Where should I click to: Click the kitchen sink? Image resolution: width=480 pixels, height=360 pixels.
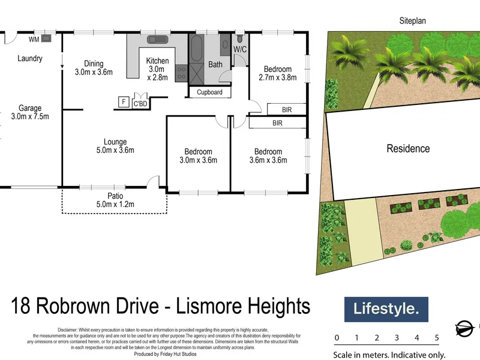157,40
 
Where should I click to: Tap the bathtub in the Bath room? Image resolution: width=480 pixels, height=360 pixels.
197,49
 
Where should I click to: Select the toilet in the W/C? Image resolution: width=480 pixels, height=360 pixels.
239,38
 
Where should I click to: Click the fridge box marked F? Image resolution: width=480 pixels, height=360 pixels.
124,101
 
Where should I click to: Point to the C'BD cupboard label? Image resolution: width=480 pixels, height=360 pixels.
140,104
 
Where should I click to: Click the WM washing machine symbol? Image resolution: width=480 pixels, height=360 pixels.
46,38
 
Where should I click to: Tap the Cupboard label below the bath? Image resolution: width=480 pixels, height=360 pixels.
209,92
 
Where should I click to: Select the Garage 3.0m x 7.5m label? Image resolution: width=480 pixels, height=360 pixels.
30,112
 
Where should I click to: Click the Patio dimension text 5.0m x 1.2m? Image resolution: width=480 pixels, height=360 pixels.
115,204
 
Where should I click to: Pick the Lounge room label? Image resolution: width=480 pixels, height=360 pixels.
115,142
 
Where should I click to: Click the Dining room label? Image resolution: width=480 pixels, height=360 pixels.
94,64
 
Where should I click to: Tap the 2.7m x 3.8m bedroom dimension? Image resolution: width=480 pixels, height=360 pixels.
278,77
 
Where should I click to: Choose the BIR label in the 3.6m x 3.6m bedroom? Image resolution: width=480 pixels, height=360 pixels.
277,123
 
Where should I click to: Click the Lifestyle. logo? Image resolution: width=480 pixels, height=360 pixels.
386,309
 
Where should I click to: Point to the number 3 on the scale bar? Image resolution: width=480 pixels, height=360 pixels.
397,338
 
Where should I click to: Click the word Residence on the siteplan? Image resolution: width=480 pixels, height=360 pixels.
408,148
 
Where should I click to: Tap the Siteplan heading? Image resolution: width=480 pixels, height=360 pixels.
412,21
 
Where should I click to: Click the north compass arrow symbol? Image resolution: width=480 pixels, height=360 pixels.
464,329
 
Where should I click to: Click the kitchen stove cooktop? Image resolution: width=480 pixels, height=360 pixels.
182,73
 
